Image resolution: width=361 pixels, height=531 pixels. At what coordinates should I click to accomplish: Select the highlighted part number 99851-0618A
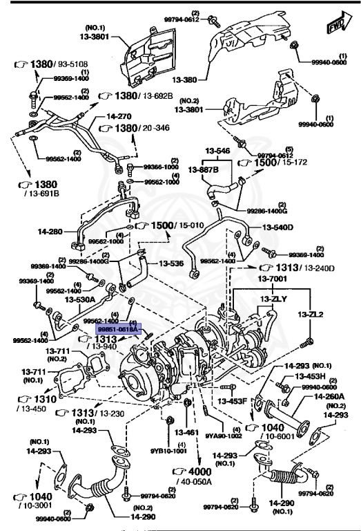click(117, 330)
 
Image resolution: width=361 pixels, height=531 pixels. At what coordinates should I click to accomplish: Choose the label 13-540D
click(277, 227)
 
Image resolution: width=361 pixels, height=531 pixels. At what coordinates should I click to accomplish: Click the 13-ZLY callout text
click(274, 299)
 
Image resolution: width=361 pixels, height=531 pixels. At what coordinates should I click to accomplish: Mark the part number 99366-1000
click(161, 167)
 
